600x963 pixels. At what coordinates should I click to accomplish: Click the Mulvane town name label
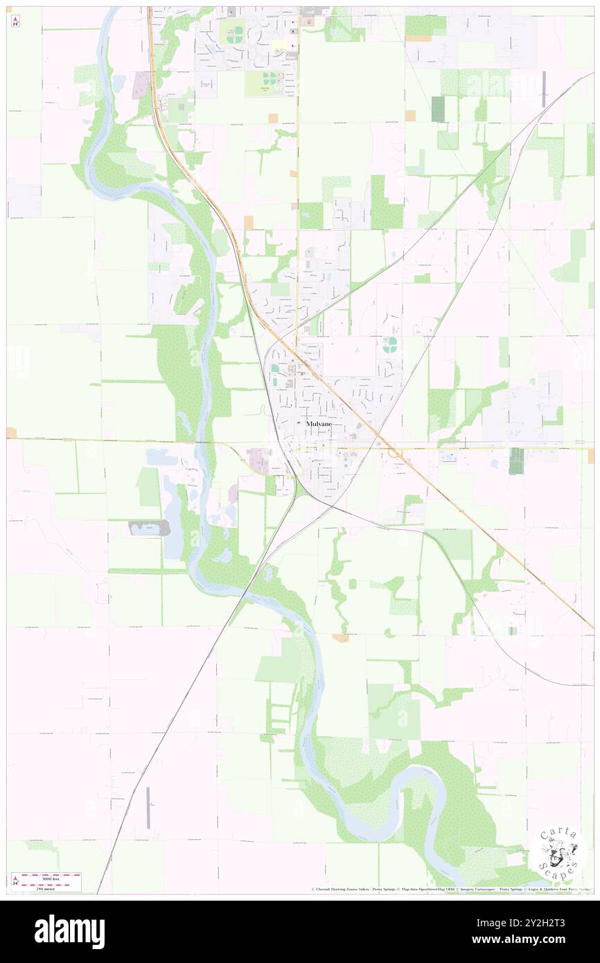click(x=319, y=423)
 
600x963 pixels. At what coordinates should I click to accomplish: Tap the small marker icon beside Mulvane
click(x=299, y=423)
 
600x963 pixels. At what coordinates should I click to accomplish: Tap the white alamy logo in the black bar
click(x=69, y=932)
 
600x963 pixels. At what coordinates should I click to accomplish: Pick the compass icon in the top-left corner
click(x=15, y=21)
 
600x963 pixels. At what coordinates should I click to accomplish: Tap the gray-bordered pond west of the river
click(x=150, y=528)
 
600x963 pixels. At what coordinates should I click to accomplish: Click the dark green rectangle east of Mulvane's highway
click(x=516, y=461)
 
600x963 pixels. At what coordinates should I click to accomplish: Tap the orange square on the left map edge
click(x=11, y=433)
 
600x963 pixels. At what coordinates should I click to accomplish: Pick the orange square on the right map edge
click(x=590, y=456)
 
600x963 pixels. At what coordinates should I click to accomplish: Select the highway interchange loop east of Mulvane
click(x=393, y=452)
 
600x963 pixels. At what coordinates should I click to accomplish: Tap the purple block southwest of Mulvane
click(x=257, y=460)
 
